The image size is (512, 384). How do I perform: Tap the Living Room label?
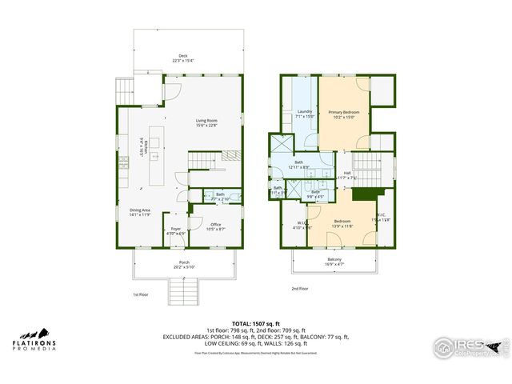[207, 122]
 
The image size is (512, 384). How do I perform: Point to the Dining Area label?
[140, 212]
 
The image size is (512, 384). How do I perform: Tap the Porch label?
[184, 264]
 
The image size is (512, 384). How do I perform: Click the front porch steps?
[185, 291]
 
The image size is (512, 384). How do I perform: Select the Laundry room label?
[305, 114]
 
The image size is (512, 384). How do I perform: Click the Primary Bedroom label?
[345, 113]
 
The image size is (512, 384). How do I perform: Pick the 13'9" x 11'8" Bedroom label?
[342, 223]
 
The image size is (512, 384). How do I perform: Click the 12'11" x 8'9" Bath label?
[299, 164]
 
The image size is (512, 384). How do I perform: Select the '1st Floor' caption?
[141, 295]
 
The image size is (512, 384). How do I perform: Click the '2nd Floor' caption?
[299, 288]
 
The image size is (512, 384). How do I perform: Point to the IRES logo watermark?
[469, 346]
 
